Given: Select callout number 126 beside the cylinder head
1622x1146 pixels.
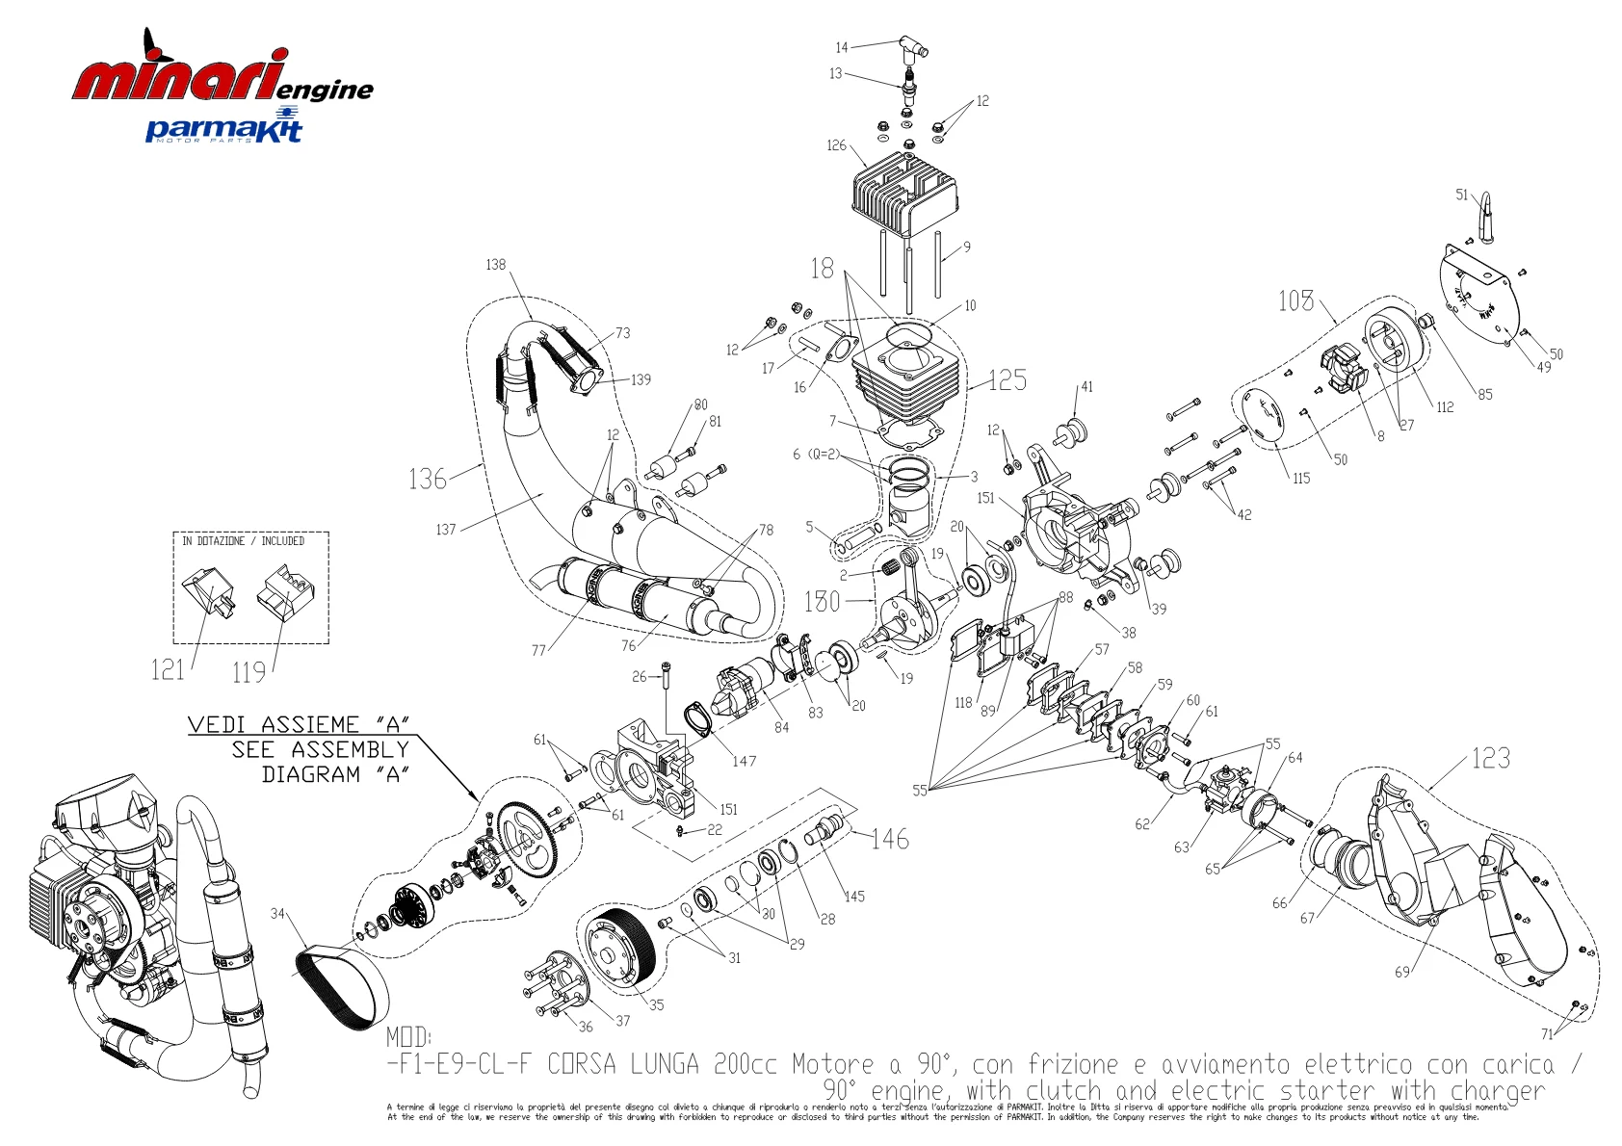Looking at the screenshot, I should [x=836, y=145].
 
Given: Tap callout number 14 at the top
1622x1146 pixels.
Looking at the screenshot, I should [x=842, y=47].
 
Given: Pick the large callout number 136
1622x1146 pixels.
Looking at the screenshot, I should [x=427, y=479].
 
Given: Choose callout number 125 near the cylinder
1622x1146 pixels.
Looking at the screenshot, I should [x=1007, y=380].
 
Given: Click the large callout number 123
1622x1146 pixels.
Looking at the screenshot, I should [x=1491, y=759].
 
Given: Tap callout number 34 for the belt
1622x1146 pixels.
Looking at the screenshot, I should [x=278, y=913].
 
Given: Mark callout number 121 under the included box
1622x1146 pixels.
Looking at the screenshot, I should [x=168, y=669].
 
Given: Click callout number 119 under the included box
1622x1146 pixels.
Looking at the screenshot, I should [x=249, y=672].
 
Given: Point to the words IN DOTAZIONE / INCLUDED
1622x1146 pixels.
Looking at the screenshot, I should [x=244, y=541].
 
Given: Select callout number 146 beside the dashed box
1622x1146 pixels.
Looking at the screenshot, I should [x=890, y=839].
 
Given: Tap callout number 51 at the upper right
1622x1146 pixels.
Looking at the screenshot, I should [x=1462, y=195].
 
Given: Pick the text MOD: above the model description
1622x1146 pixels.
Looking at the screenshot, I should [x=409, y=1037].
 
